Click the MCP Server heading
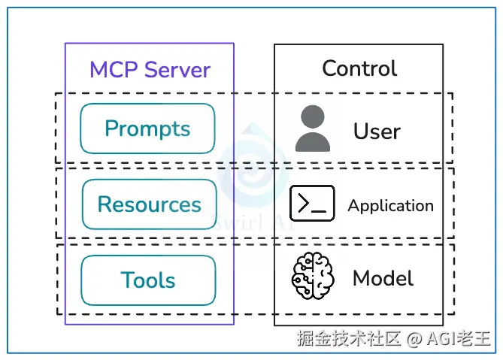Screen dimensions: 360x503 click(150, 70)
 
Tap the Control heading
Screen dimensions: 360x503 click(359, 68)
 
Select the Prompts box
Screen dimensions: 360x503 click(147, 129)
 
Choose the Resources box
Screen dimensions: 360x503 click(149, 204)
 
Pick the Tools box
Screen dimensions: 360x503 click(148, 280)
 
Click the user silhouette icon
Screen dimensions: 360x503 click(312, 129)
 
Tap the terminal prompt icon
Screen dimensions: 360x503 click(312, 203)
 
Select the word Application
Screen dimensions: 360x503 click(390, 205)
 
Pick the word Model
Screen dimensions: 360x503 click(383, 279)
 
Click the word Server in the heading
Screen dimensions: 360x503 click(178, 70)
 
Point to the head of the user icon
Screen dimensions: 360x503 click(312, 118)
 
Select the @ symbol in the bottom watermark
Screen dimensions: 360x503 click(414, 340)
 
